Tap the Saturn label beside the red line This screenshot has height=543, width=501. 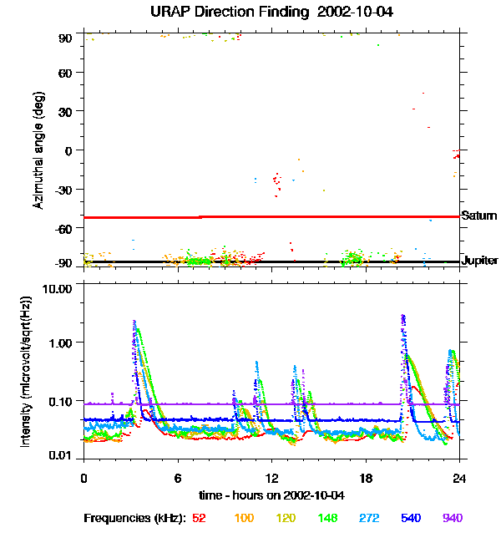[x=479, y=216]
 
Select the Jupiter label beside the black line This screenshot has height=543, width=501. [x=480, y=261]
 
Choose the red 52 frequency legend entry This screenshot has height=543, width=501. [x=199, y=519]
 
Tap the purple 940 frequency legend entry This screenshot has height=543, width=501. [x=452, y=519]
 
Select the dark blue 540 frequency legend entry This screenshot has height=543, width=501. [x=409, y=519]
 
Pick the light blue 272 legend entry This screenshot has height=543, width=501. [x=367, y=519]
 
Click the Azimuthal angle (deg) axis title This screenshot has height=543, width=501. [x=38, y=150]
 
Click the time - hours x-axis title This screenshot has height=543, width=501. [x=271, y=495]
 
